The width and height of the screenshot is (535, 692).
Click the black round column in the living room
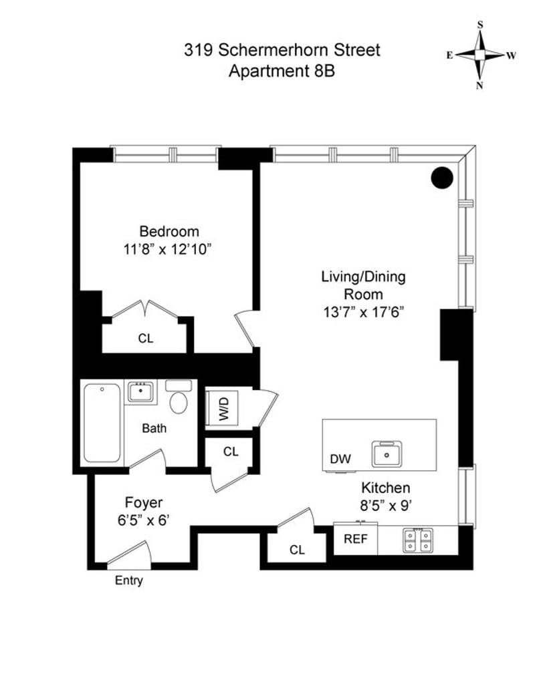(442, 178)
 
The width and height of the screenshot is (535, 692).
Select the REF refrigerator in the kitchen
(356, 538)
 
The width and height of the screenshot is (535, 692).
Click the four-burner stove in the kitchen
(417, 540)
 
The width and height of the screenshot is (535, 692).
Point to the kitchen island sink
(387, 454)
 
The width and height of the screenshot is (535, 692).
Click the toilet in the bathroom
(179, 396)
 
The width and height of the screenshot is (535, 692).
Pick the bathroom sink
(141, 391)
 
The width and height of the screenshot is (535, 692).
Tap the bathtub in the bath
(102, 423)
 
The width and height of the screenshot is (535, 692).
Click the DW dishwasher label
(340, 459)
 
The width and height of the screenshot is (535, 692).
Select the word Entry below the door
(129, 580)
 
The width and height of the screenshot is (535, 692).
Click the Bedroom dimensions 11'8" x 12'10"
(167, 250)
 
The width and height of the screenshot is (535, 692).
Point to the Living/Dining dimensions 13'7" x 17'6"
(364, 313)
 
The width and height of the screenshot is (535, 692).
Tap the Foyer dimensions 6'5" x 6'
(144, 521)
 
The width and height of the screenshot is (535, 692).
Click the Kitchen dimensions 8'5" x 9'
(386, 506)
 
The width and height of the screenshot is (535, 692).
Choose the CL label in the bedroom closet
(145, 339)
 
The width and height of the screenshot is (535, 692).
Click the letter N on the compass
(479, 86)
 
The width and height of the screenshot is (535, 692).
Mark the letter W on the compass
(511, 55)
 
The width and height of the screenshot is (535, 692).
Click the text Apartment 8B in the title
(282, 71)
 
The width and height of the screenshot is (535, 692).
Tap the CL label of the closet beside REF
(297, 550)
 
